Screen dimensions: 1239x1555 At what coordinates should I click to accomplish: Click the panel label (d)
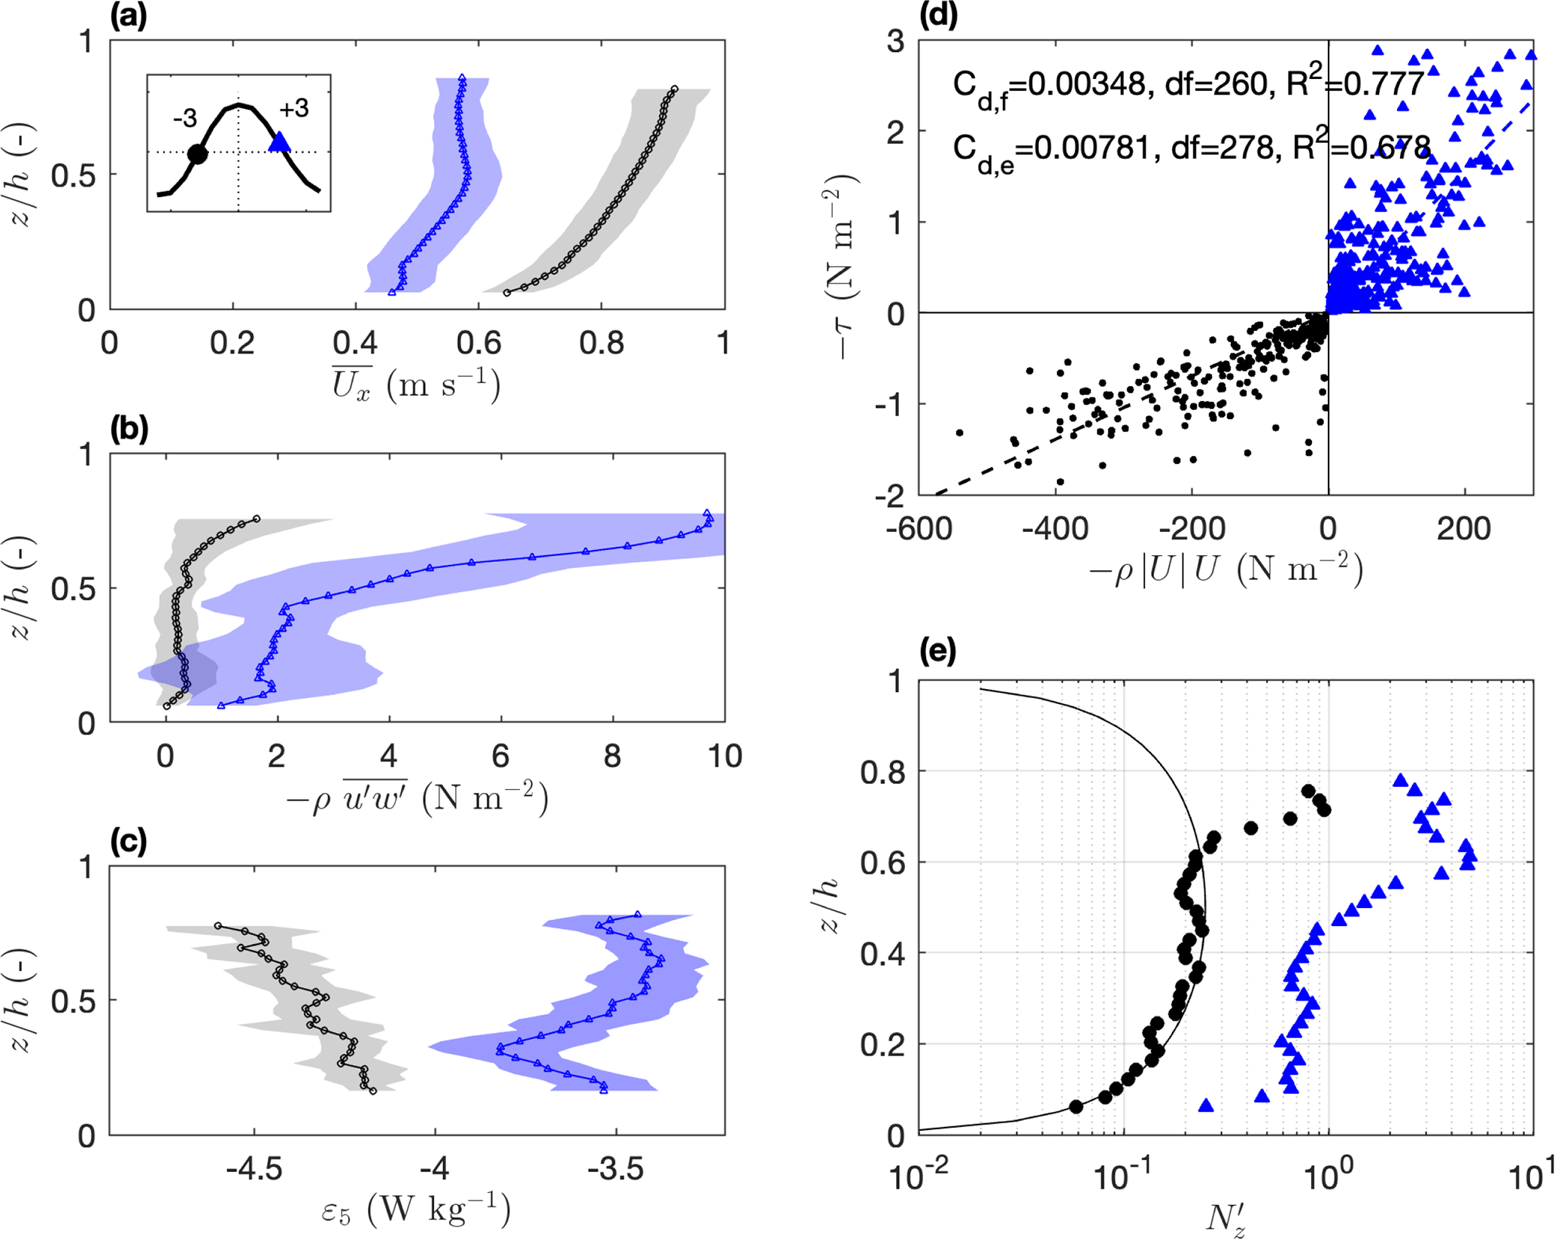938,16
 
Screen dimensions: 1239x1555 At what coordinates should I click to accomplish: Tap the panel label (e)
938,651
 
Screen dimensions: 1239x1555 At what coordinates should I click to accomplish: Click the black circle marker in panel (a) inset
197,155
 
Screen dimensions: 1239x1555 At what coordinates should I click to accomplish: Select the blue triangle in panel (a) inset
280,141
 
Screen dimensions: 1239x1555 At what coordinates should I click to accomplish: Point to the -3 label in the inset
184,118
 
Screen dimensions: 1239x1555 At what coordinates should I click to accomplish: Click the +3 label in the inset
293,109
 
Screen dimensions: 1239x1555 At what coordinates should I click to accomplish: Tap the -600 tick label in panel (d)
919,530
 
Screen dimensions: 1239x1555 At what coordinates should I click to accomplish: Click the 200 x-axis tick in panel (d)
1464,530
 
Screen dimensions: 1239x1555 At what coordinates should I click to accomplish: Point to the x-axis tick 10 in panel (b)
724,756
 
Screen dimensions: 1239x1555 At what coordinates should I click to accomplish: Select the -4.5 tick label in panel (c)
254,1169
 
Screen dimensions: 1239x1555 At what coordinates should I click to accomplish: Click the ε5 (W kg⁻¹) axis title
416,1209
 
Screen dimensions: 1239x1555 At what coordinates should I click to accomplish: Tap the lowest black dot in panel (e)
1076,1107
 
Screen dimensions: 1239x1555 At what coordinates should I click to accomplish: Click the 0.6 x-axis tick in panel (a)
478,343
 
